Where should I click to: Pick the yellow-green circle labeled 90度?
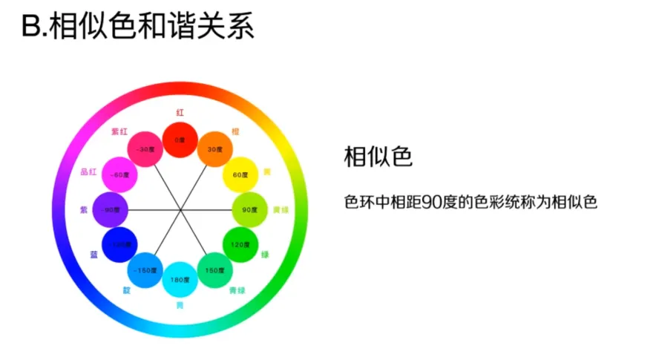(249, 210)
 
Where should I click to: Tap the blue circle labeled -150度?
(145, 270)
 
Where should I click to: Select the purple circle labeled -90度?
(111, 210)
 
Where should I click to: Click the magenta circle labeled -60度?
(119, 174)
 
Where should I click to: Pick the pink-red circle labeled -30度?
(145, 149)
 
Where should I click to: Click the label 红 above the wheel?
(180, 113)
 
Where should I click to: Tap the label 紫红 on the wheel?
(119, 131)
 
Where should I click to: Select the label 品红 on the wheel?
(88, 172)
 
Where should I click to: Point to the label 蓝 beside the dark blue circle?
(94, 255)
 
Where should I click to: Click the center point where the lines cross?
(180, 210)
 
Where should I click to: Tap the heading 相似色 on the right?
(378, 157)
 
